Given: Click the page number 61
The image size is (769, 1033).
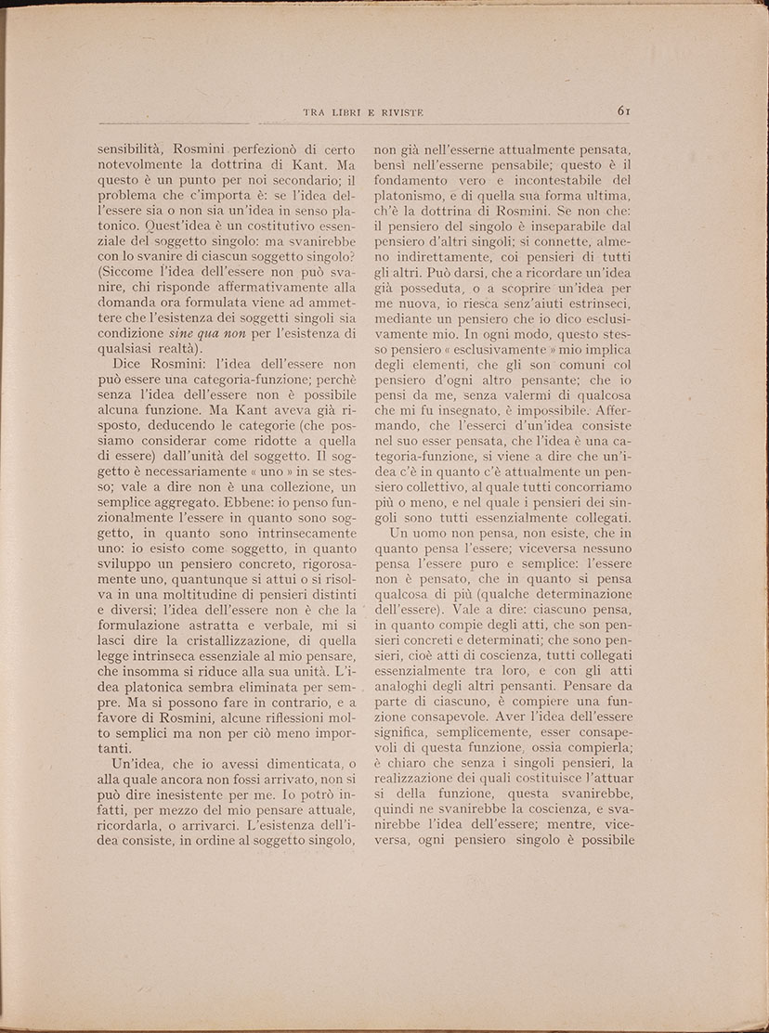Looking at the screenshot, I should coord(624,111).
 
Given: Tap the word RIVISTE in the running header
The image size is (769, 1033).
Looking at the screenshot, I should coord(399,112).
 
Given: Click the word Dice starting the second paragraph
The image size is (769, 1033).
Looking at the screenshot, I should coord(129,366).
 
